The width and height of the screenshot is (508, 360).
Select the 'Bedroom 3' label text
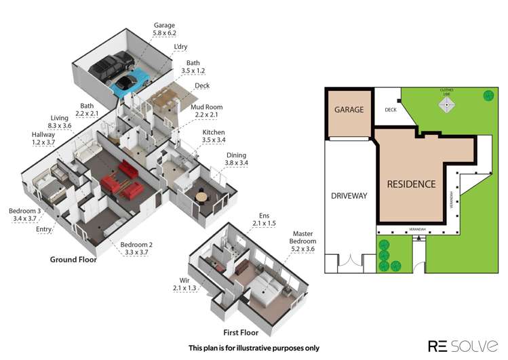pos(24,216)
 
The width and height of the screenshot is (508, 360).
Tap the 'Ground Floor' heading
pos(73,260)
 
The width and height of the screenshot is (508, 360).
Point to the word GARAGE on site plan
pos(347,109)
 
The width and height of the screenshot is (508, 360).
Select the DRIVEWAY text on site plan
pos(349,196)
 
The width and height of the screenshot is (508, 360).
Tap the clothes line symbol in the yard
pos(446,104)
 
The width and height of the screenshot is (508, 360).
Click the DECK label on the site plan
pos(391,109)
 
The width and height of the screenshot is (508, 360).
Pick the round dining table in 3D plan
pos(201,197)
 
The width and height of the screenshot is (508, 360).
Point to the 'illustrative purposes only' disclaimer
pos(254,348)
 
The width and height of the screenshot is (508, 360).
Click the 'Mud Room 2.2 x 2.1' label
pos(208,111)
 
